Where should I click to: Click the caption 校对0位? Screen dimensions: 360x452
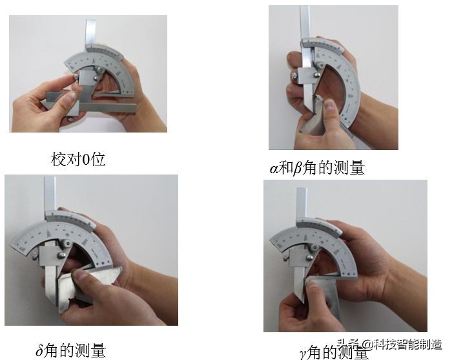[x=77, y=159]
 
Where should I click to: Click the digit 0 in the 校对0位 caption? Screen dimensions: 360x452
[x=86, y=160]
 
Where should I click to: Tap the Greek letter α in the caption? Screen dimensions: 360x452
[x=274, y=169]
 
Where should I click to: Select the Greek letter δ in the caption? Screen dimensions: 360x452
[x=40, y=352]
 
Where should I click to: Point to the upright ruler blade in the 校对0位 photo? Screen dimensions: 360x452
[x=91, y=36]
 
